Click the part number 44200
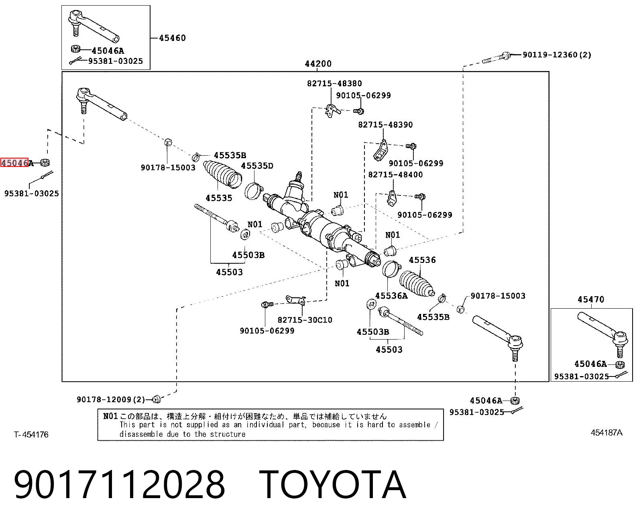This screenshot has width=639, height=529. coord(318,64)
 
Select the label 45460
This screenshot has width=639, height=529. coord(172,38)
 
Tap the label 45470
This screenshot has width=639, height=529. coord(591,299)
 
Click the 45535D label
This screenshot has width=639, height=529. coord(257,166)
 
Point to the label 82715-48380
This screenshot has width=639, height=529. coord(334,83)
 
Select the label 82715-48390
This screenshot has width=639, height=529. coord(386,124)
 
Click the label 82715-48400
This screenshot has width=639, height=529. coord(395,175)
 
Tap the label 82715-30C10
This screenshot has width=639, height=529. coord(305,320)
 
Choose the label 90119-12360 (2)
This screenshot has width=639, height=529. coord(557,55)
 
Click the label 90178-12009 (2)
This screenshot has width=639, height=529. coord(111,399)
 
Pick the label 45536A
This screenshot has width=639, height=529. coord(391,296)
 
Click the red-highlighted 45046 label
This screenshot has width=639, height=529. coord(14,163)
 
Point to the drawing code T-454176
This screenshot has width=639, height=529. coord(31,435)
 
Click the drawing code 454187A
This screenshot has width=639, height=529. coord(606,433)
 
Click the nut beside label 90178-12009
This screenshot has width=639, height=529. coord(156,399)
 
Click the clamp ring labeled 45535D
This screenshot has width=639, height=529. coord(254,191)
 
